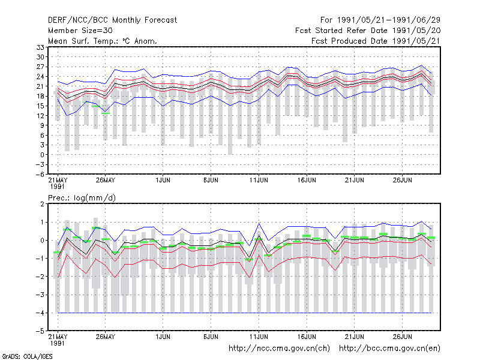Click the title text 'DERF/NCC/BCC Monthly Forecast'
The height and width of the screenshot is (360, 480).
click(x=112, y=20)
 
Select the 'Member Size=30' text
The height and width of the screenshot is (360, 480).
click(x=80, y=31)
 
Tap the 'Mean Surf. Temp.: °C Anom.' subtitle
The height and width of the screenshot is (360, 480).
click(x=103, y=41)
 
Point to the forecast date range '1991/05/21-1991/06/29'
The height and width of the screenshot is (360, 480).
click(x=388, y=20)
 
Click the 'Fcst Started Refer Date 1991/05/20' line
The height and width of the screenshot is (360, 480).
click(x=368, y=31)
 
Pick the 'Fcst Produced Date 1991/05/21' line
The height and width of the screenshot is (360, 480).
click(x=376, y=41)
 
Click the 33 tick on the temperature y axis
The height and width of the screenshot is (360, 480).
click(x=40, y=47)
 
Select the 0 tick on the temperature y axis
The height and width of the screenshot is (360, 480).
click(x=42, y=155)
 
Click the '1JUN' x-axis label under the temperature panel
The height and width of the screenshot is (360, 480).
click(x=163, y=181)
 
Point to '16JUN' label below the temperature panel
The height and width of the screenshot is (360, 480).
click(x=307, y=181)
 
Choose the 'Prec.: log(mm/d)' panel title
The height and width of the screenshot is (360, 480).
click(x=82, y=198)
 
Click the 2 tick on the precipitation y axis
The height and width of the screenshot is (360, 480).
click(x=42, y=204)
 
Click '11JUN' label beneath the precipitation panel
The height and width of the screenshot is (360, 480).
click(x=259, y=337)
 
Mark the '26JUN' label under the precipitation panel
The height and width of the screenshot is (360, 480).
click(x=402, y=337)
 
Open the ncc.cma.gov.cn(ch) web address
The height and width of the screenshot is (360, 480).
click(x=279, y=349)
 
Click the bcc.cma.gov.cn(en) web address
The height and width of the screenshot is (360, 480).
click(x=389, y=349)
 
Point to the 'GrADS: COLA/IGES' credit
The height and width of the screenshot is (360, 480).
click(x=27, y=356)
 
